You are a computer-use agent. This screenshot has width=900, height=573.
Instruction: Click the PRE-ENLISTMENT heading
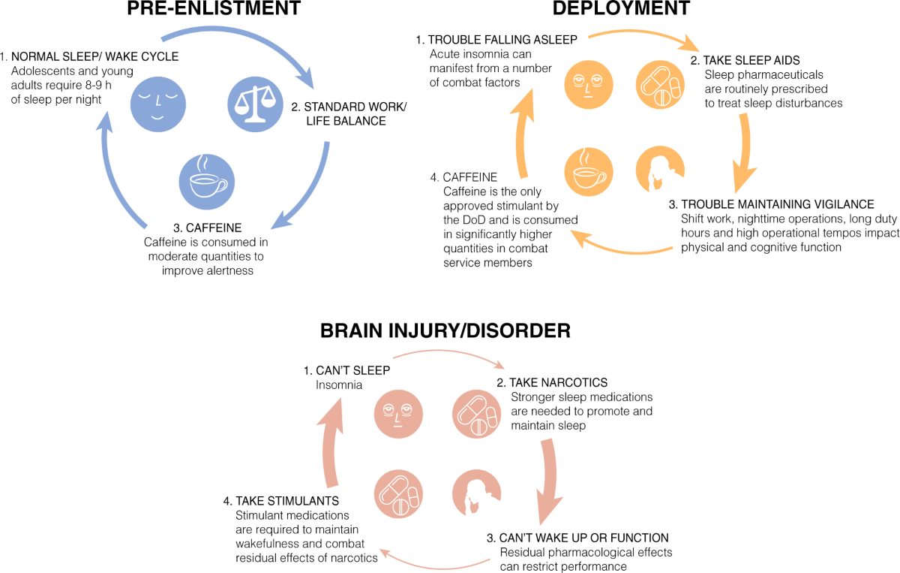214,9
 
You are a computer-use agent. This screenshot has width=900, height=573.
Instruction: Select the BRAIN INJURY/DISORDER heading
445,330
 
